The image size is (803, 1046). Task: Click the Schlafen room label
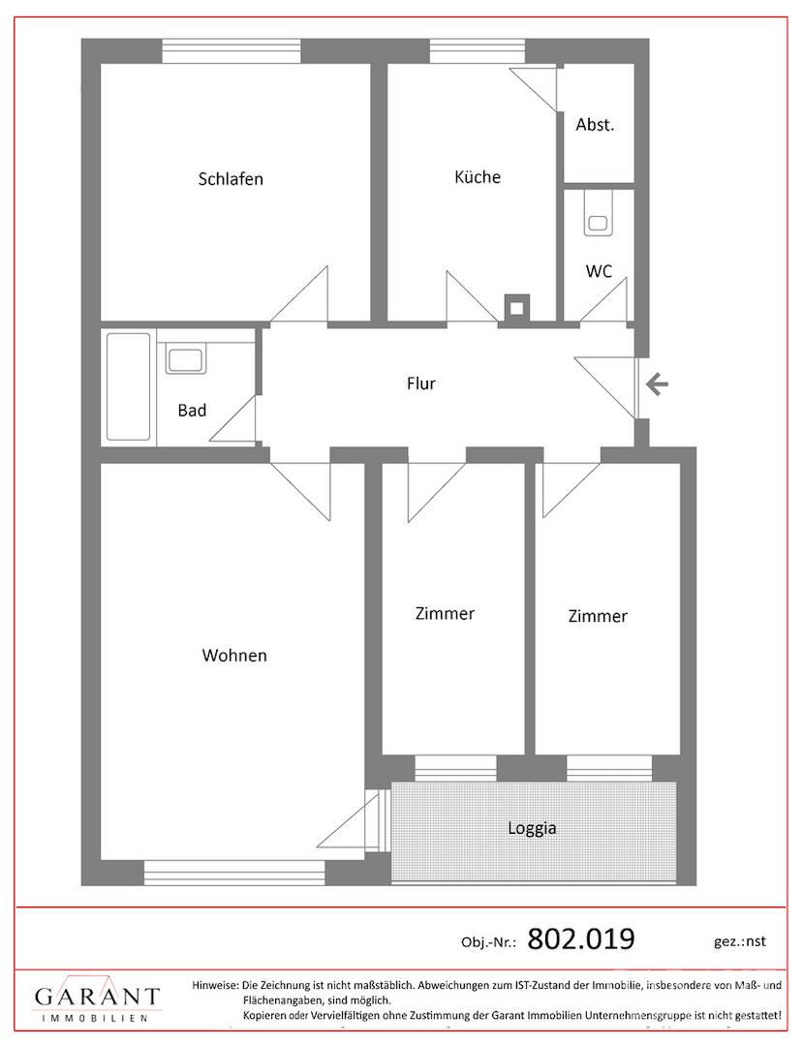click(231, 179)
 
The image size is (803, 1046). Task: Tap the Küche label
click(478, 177)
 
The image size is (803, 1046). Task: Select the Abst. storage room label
click(595, 125)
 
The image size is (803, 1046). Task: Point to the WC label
click(599, 271)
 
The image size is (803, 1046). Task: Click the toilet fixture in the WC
click(599, 214)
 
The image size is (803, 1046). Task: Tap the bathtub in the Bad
click(128, 386)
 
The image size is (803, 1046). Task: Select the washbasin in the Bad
click(187, 358)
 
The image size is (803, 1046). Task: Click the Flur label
click(420, 384)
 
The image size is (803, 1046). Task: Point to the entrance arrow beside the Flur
click(658, 384)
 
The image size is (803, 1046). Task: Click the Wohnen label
click(234, 655)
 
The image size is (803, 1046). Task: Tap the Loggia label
click(532, 828)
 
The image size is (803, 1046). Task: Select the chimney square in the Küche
click(516, 308)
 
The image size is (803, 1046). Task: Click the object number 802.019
click(581, 938)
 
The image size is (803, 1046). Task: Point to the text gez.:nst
click(740, 941)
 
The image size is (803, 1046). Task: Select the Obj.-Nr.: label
click(488, 942)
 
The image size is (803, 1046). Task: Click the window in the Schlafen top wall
click(232, 51)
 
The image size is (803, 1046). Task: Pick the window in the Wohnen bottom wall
click(234, 873)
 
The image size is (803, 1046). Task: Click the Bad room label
click(192, 411)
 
